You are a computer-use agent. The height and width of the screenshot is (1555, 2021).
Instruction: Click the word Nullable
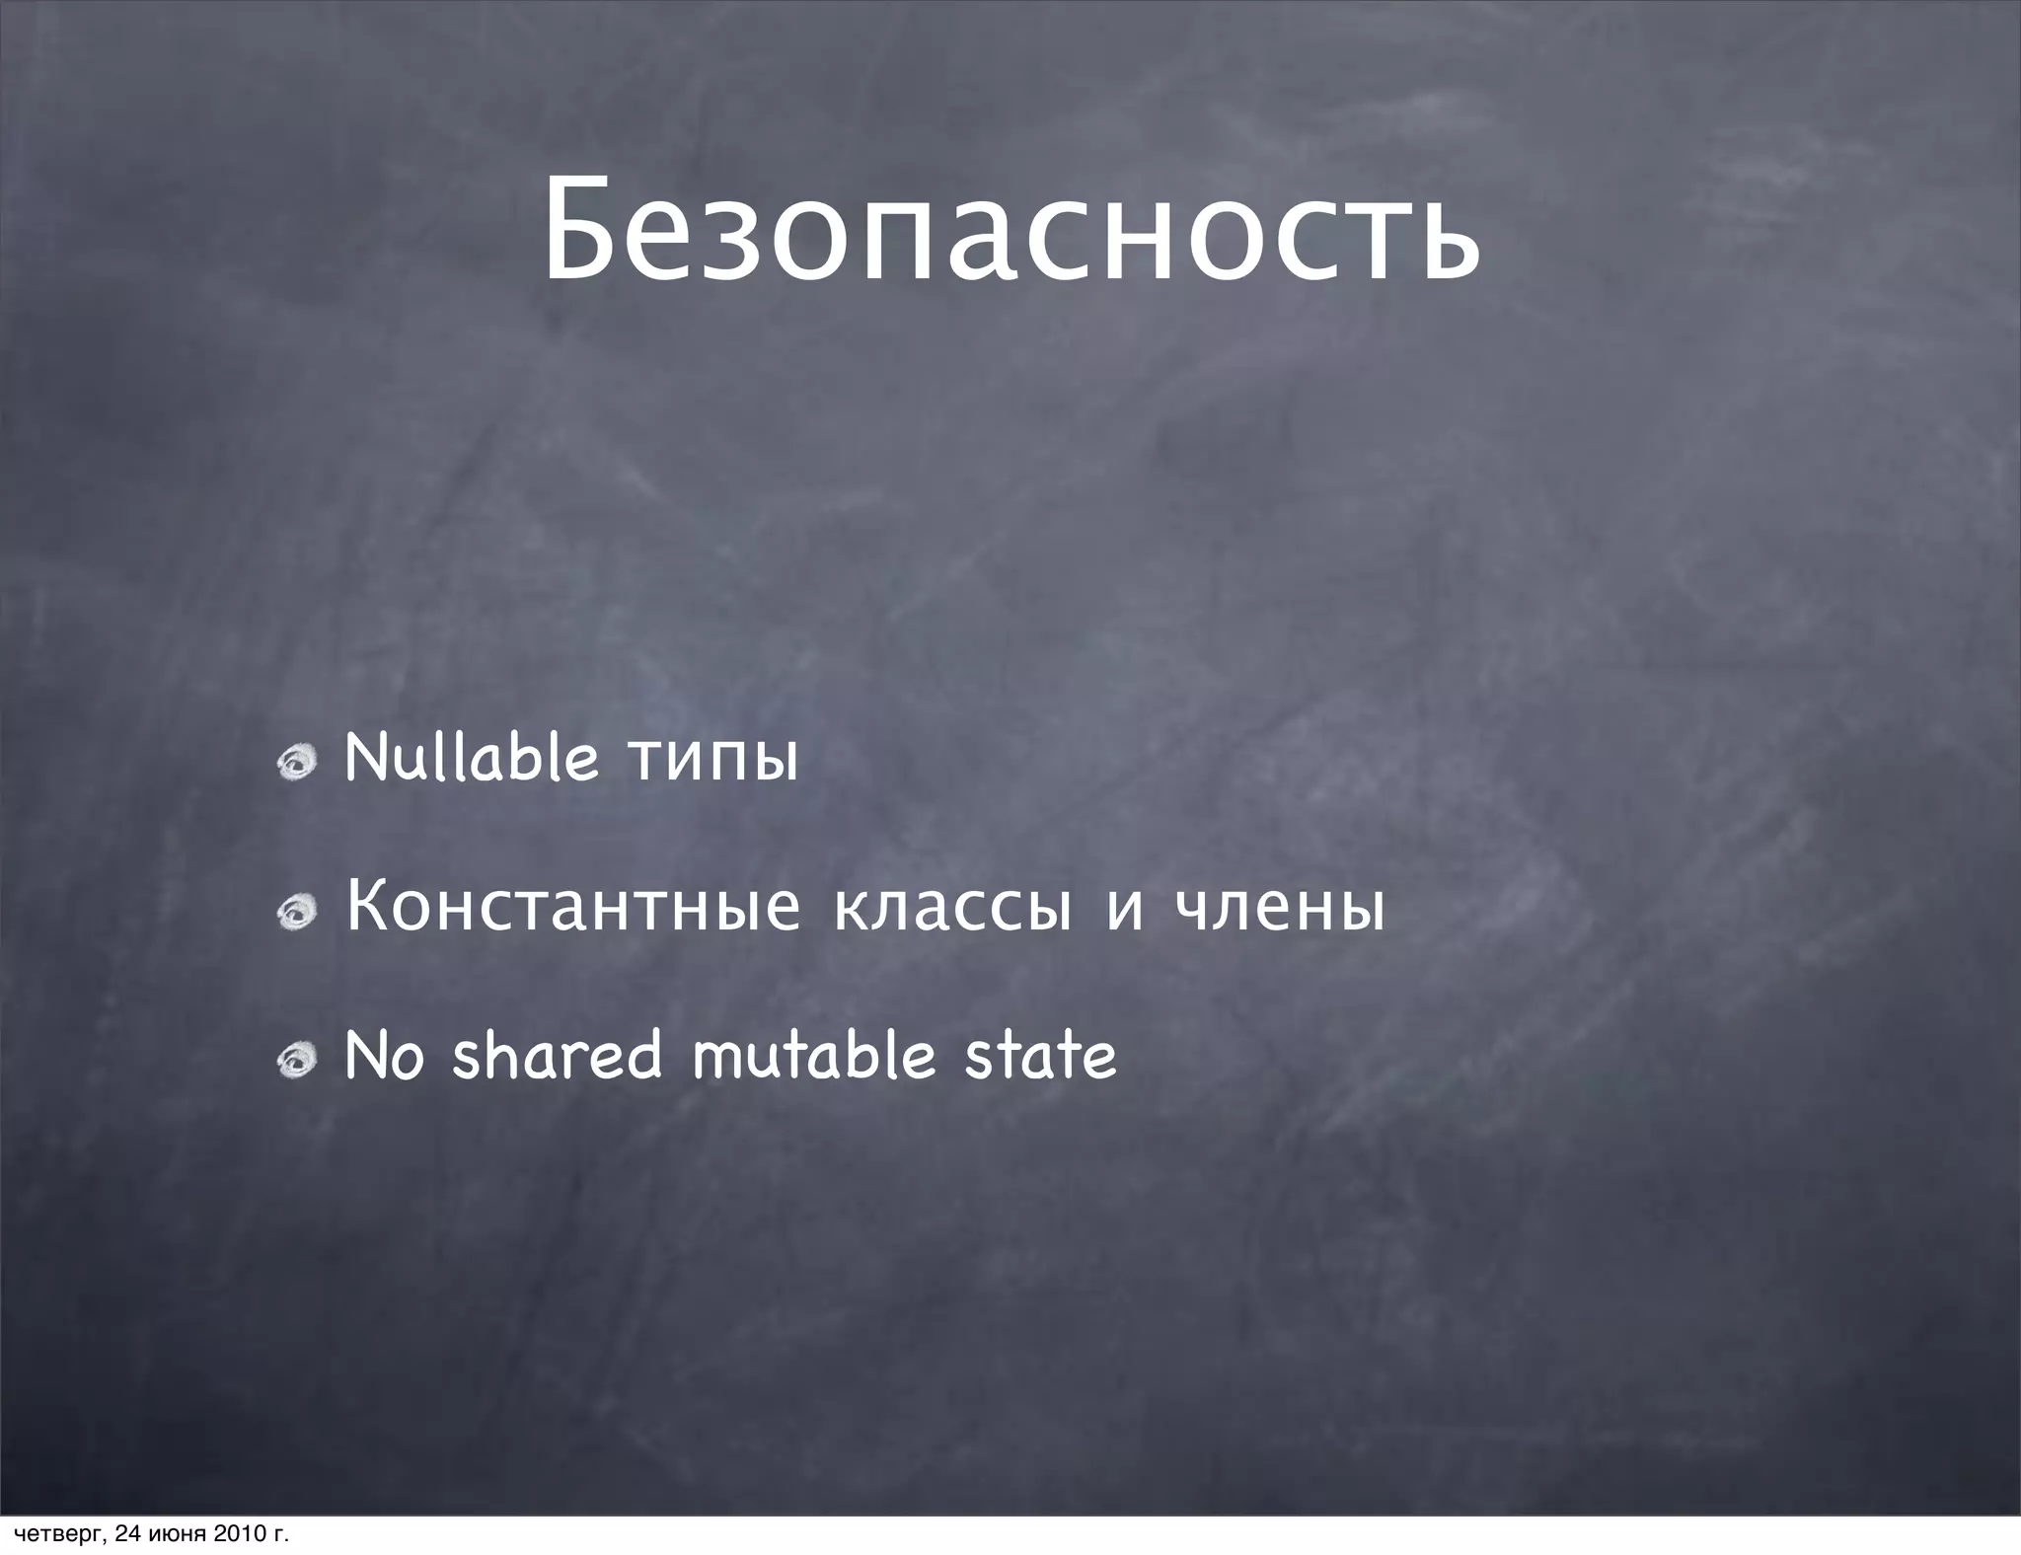(x=472, y=759)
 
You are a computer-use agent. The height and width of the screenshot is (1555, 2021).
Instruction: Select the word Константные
(x=572, y=908)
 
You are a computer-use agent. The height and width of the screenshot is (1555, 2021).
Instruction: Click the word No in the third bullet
(x=385, y=1055)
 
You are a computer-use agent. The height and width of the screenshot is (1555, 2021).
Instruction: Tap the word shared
(x=557, y=1055)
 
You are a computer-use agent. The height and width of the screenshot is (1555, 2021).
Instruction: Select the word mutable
(x=813, y=1055)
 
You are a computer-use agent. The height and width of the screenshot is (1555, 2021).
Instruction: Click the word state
(x=1040, y=1055)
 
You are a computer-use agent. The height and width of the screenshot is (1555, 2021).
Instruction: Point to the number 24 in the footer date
(x=126, y=1534)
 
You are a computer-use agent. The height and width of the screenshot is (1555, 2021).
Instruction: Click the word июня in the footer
(x=176, y=1534)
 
